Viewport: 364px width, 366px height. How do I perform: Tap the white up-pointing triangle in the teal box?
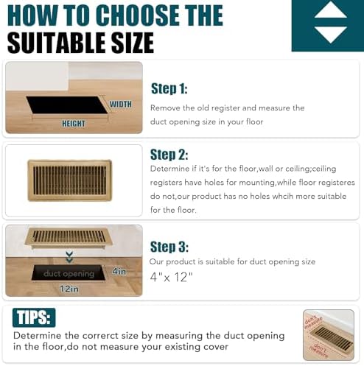tap(330, 10)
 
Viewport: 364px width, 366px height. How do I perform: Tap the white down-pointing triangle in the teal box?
tap(330, 34)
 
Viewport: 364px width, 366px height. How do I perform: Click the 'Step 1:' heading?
tap(169, 89)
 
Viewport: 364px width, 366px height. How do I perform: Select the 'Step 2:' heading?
tap(169, 155)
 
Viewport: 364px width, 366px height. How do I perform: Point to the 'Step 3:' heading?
tap(169, 247)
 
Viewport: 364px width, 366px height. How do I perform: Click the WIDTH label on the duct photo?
tap(120, 105)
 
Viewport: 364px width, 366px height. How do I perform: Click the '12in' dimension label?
tap(69, 289)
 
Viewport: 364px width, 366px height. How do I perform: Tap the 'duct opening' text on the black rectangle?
tap(69, 274)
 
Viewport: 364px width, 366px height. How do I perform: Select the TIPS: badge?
tap(34, 317)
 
